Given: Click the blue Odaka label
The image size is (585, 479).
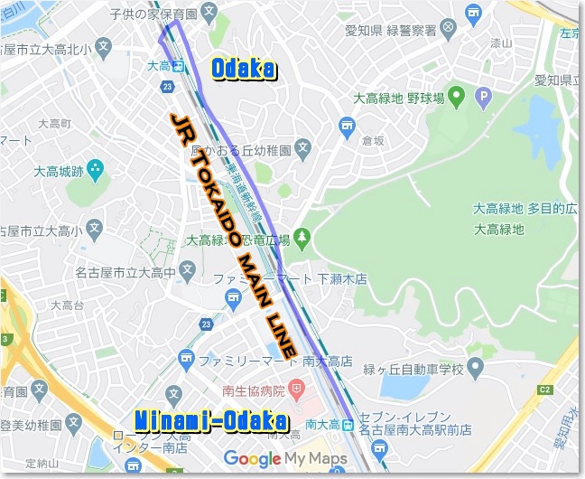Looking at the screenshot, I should (243, 68).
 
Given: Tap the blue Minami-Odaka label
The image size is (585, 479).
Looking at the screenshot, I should (210, 420).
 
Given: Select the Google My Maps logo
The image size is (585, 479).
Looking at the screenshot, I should (285, 459).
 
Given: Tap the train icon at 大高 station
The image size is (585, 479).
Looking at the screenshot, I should (179, 65).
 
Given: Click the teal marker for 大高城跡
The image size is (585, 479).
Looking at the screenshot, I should (96, 169).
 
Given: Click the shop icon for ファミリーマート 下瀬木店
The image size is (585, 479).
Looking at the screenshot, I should (232, 296).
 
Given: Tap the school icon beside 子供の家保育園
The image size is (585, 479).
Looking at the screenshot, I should (209, 13).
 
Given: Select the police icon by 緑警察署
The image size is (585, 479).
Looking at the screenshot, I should (445, 30).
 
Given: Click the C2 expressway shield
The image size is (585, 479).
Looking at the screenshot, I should (543, 390).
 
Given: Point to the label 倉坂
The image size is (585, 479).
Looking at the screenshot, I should (372, 140).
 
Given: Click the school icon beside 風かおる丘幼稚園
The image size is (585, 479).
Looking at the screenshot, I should (303, 148).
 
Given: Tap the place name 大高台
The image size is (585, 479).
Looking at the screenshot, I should (67, 305).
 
